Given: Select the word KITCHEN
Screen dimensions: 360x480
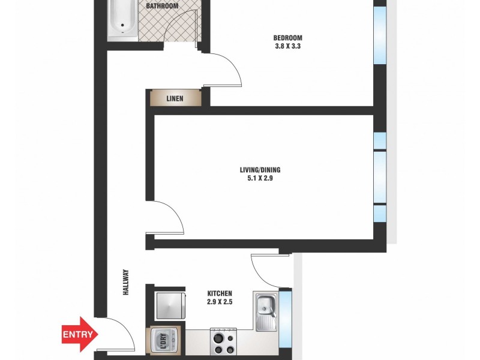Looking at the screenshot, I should (x=220, y=293).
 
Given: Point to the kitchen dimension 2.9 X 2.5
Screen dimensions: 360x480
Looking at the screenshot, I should (x=220, y=302).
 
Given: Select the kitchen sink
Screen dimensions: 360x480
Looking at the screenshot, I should (x=265, y=311).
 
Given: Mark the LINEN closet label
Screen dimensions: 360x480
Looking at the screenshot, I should (x=175, y=98).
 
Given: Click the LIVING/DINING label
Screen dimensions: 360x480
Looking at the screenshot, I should (x=260, y=170).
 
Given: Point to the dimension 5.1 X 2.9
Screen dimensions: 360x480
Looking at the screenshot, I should (x=260, y=179).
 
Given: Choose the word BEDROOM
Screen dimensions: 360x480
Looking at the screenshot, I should (x=287, y=38).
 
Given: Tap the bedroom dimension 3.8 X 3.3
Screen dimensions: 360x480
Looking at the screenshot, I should (x=287, y=47).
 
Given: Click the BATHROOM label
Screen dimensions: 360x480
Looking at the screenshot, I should (x=162, y=6).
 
